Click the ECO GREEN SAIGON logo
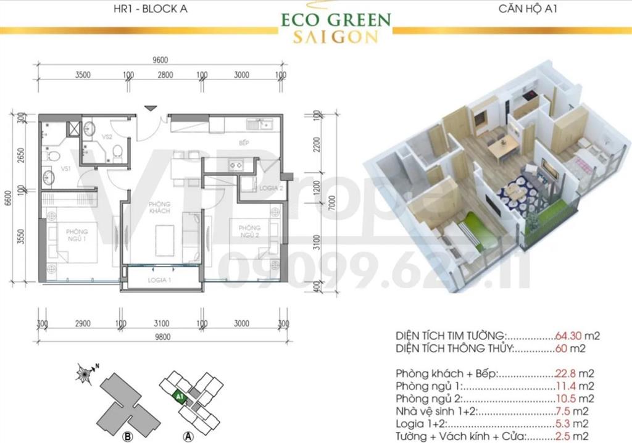[x=336, y=27]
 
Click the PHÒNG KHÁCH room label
[x=159, y=207]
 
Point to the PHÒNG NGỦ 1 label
[x=77, y=235]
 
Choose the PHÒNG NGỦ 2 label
[x=250, y=232]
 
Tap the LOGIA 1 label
[x=159, y=281]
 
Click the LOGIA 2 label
[x=270, y=189]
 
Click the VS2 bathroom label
[x=107, y=137]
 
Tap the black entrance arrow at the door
[x=149, y=109]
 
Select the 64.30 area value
[x=569, y=336]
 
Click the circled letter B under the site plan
[x=128, y=437]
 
